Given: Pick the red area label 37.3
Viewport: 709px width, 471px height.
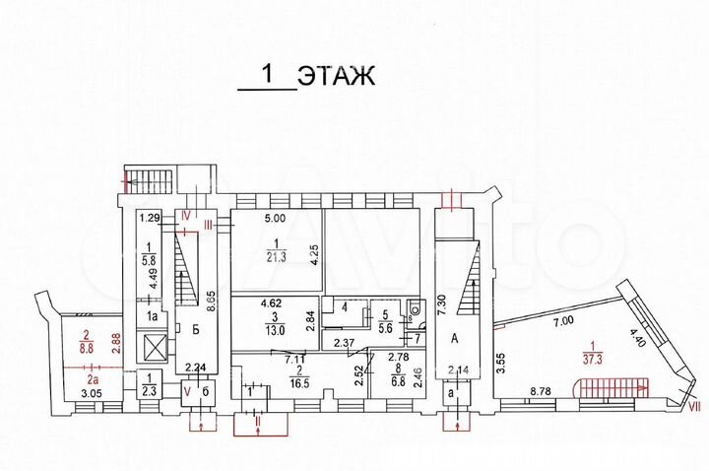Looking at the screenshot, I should (592, 358).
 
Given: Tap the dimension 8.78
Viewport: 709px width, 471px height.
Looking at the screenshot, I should (540, 391).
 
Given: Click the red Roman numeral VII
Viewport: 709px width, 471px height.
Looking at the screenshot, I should (693, 402).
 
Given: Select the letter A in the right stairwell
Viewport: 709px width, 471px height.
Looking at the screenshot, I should (456, 338).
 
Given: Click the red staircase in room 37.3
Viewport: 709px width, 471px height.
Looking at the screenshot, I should (611, 387).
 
